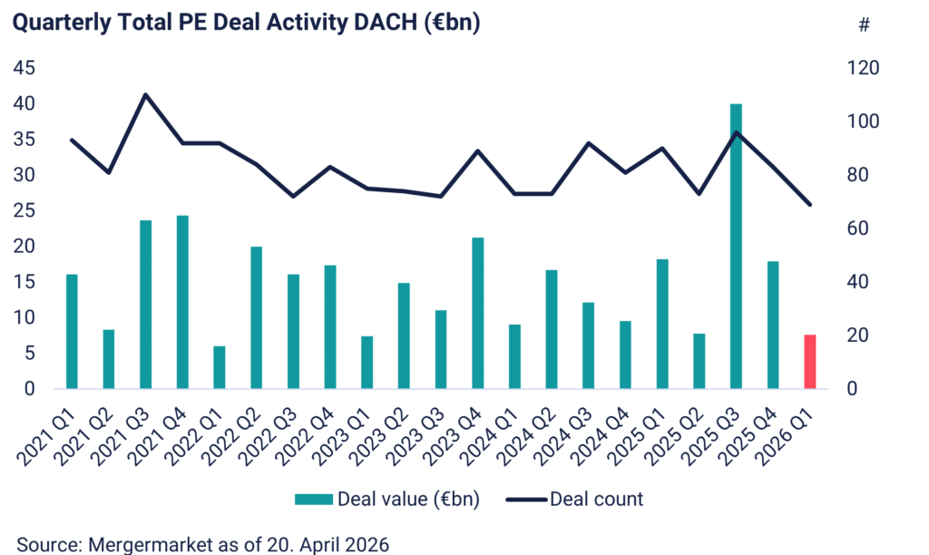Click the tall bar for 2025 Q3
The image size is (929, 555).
click(736, 247)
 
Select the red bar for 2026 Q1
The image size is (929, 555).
click(810, 362)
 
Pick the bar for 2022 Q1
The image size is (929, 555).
click(219, 367)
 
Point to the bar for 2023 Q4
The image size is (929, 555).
click(477, 313)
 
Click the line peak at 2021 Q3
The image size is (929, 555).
click(146, 94)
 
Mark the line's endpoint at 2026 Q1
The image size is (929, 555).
click(810, 205)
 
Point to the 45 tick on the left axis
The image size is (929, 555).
click(24, 68)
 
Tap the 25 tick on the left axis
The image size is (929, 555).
click(24, 210)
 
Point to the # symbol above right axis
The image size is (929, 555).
click(864, 25)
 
